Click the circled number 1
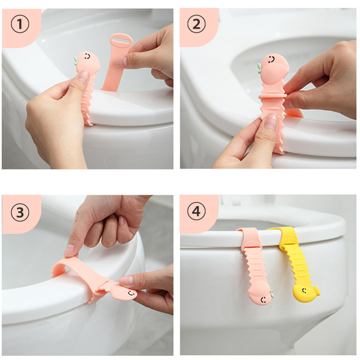coord(20,24)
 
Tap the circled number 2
coord(196,24)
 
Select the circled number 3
coord(20,212)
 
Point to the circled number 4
coord(196,211)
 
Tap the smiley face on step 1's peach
coord(87,56)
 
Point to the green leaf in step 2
coord(259,68)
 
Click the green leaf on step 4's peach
coord(272,294)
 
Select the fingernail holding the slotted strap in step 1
coord(120,61)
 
